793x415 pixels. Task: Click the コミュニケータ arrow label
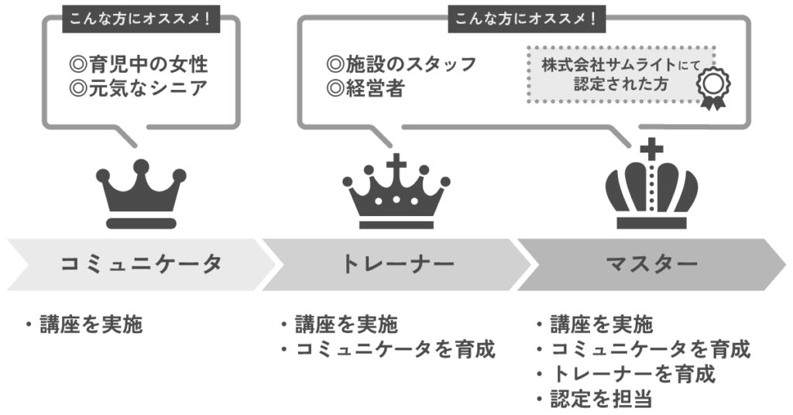click(141, 264)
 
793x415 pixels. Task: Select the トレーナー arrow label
click(397, 264)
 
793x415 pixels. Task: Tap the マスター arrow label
click(651, 264)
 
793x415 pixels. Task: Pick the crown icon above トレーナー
click(396, 191)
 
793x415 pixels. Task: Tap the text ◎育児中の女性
click(139, 63)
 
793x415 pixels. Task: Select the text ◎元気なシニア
click(139, 88)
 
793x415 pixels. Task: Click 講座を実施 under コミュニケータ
click(84, 324)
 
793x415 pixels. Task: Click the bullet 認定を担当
click(594, 400)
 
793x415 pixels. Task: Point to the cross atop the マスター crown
click(652, 148)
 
